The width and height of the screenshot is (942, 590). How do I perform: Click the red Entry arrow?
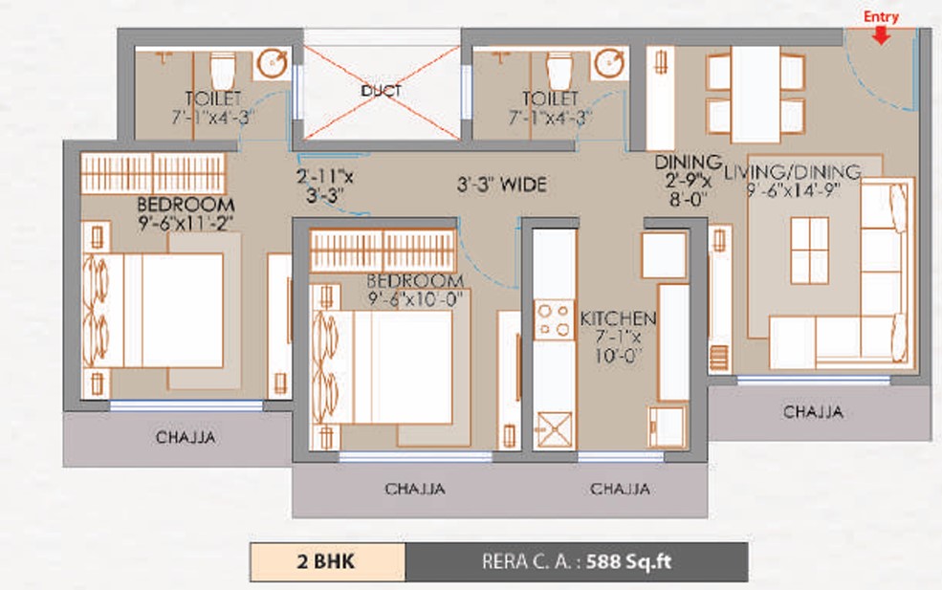tap(882, 35)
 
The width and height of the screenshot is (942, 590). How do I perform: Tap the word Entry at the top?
tap(882, 17)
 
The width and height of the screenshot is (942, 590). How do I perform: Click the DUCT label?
tap(382, 91)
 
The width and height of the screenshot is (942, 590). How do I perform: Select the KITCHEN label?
tap(618, 318)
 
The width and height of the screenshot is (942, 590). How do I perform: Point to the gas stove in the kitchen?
tap(554, 320)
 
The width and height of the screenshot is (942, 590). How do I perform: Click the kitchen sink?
tap(554, 430)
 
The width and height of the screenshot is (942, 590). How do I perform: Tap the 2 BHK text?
tap(325, 561)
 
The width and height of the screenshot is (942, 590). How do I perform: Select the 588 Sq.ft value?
tap(628, 561)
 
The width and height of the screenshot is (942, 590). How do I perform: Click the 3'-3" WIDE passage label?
tap(502, 185)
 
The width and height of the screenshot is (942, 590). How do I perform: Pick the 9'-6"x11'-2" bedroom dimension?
tap(186, 224)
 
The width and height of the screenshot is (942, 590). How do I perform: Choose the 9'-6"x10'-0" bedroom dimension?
tap(414, 298)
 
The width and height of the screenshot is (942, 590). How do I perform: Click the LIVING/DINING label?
tap(793, 172)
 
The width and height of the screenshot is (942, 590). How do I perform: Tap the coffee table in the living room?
tap(809, 251)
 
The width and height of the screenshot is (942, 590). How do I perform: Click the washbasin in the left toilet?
tap(273, 62)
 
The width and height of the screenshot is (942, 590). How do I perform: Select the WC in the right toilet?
tap(559, 71)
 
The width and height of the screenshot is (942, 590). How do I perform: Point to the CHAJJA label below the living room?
tap(814, 411)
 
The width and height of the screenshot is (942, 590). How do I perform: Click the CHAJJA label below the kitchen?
tap(620, 489)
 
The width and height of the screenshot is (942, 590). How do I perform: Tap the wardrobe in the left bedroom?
tap(153, 173)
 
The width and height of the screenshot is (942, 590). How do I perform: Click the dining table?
tap(756, 95)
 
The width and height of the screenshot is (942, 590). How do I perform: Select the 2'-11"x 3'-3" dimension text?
tap(325, 186)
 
